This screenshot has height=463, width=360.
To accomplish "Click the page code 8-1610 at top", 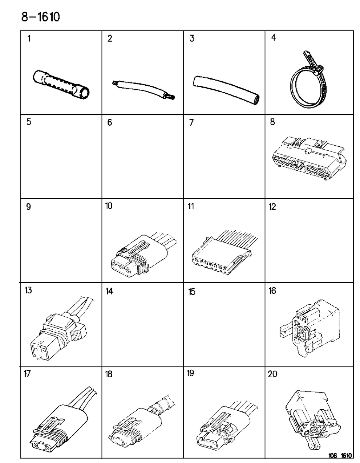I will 40,17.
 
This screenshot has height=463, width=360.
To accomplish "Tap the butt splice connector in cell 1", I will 61,85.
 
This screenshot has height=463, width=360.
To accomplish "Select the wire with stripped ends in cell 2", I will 143,90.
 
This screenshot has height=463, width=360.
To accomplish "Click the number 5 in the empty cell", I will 29,122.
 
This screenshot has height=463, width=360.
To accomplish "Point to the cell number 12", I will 272,207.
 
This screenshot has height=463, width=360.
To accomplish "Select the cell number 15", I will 192,292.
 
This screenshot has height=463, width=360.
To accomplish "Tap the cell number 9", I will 29,207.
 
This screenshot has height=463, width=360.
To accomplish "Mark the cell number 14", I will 109,292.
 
